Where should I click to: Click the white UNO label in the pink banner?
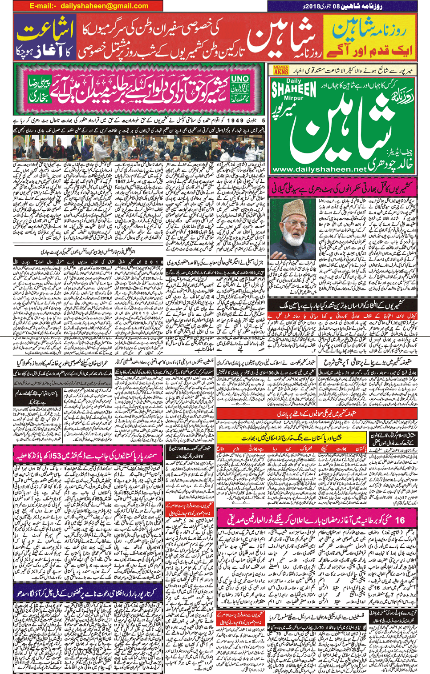click(x=240, y=79)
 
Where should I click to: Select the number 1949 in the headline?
click(x=235, y=120)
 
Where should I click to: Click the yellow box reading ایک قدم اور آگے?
click(x=369, y=50)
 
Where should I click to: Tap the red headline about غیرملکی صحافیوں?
click(x=316, y=413)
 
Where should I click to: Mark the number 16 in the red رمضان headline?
click(x=400, y=520)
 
